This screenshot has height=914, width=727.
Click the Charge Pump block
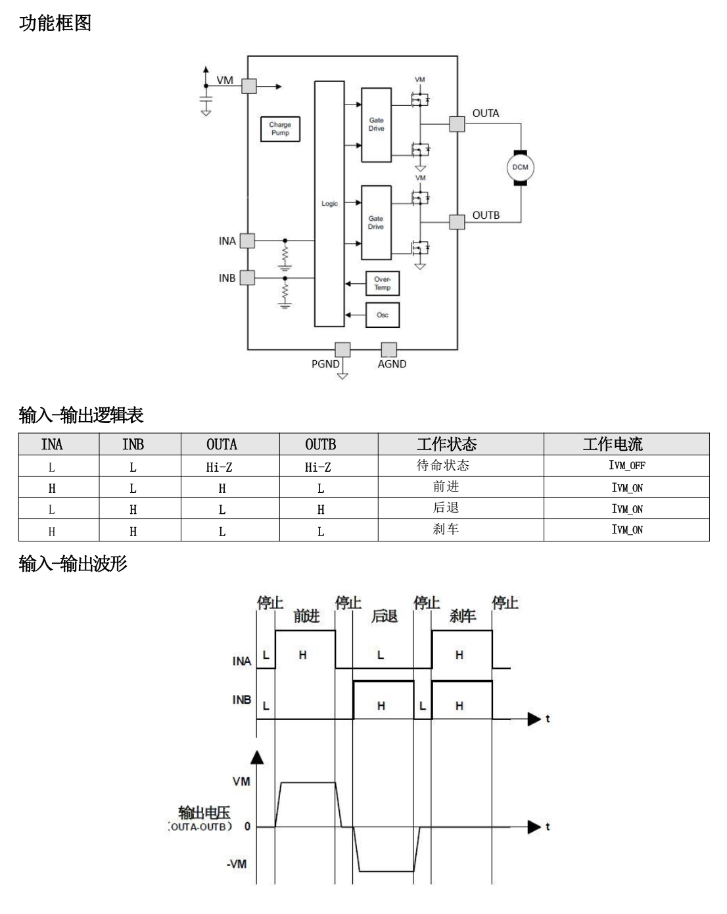pos(280,129)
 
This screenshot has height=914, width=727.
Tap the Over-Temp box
pos(383,283)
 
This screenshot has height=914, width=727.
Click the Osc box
pos(383,315)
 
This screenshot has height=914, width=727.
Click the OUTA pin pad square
pos(457,124)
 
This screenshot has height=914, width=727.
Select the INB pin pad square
pos(247,278)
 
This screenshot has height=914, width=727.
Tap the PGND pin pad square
pos(342,350)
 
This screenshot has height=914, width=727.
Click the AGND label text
pos(392,364)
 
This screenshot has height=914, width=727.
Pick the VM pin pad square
pos(249,86)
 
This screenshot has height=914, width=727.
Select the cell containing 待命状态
pos(461,465)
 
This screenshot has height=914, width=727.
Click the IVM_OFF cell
pos(626,465)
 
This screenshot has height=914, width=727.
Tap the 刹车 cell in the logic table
pos(461,530)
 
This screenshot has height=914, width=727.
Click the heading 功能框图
pos(55,23)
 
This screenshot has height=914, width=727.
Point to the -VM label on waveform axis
pos(236,864)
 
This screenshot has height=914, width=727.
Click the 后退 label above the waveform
pos(384,616)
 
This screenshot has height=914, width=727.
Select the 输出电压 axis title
pos(204,813)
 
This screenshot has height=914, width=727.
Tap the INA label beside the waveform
pos(241,661)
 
